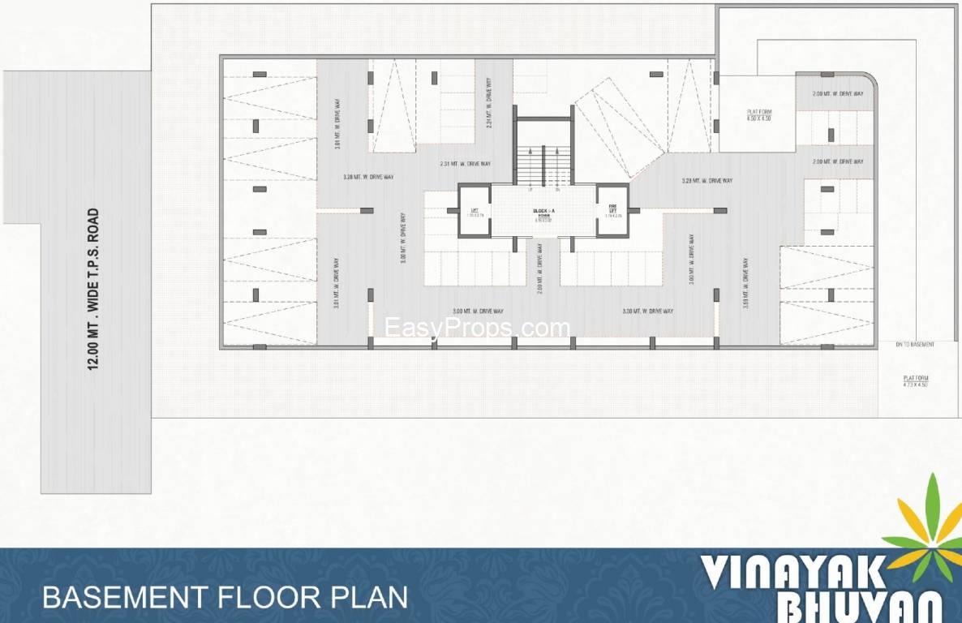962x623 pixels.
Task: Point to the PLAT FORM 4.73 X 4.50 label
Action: click(916, 380)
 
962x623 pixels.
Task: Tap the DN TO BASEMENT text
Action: click(915, 345)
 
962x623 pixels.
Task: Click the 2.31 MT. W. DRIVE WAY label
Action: click(465, 164)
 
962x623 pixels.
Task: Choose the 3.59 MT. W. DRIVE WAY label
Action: click(745, 280)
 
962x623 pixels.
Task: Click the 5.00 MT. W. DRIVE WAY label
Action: click(403, 241)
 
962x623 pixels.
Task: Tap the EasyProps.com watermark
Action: click(477, 329)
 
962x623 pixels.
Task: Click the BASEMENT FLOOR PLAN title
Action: click(225, 598)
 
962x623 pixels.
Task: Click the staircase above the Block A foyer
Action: click(543, 162)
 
